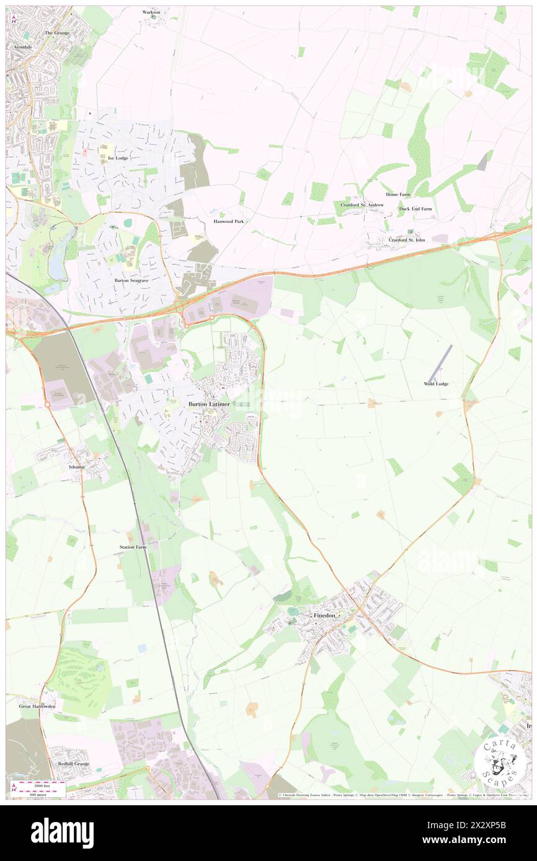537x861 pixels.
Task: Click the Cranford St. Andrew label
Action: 362,204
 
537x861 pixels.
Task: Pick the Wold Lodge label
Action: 436,384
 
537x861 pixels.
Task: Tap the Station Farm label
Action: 133,548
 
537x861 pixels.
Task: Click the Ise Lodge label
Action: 118,158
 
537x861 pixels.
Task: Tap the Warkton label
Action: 151,12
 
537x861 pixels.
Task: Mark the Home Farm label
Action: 397,194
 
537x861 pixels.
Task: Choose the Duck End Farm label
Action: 415,209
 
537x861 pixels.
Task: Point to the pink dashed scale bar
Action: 41,784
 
